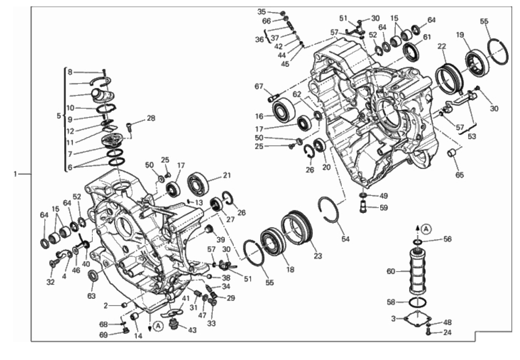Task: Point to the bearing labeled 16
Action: click(x=284, y=111)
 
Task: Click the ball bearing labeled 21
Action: click(x=198, y=184)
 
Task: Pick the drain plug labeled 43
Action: click(x=174, y=324)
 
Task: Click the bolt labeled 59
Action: click(x=363, y=207)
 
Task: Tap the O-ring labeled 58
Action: click(x=418, y=302)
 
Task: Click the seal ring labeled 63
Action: click(x=94, y=275)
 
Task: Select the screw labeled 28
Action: click(x=129, y=128)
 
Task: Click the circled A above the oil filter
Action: click(x=426, y=229)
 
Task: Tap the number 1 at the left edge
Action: click(x=16, y=174)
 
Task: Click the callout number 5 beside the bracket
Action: click(x=59, y=116)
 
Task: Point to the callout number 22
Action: click(x=442, y=47)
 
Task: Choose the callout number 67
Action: click(x=259, y=86)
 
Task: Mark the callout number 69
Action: click(x=104, y=335)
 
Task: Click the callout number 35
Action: click(x=262, y=12)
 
